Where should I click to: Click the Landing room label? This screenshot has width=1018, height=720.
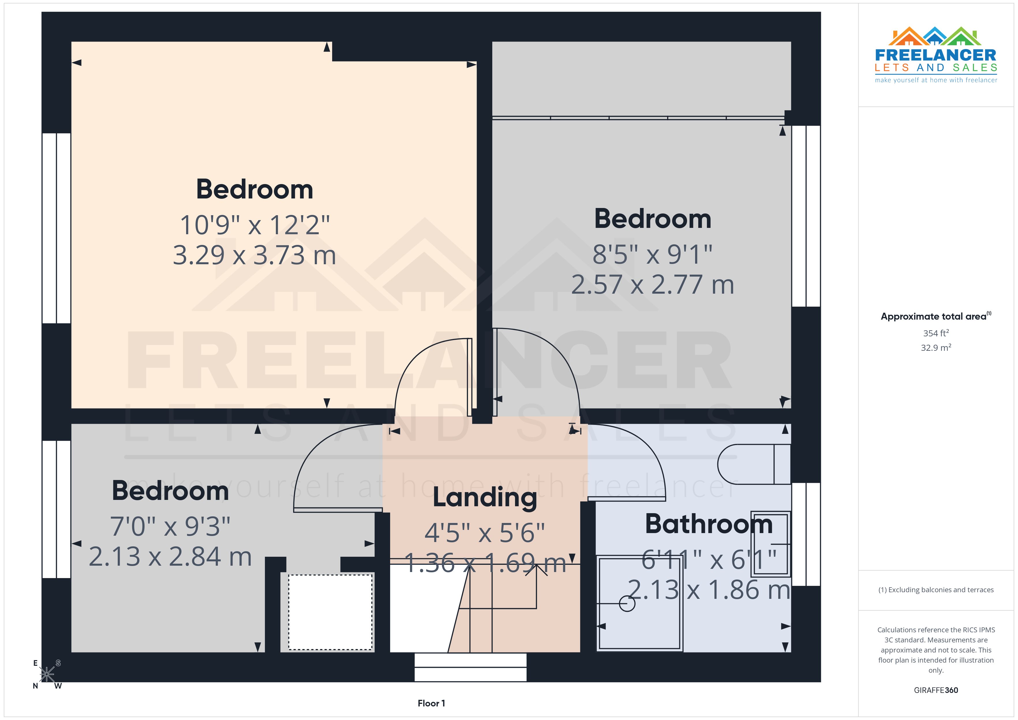[x=484, y=497]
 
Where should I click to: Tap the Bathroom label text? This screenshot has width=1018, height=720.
[x=708, y=524]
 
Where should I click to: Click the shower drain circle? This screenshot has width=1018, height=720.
[x=627, y=603]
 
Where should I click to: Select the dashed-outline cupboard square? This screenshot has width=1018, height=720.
[x=330, y=612]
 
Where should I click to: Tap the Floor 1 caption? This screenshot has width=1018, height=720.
[x=431, y=703]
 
